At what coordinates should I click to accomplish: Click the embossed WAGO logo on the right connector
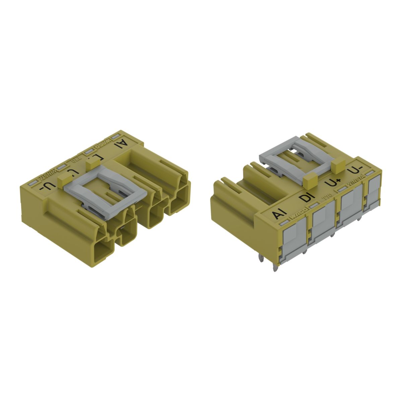click(297, 215)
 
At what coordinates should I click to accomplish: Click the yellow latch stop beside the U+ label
click(309, 181)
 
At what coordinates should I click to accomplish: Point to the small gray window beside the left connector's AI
click(116, 135)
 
